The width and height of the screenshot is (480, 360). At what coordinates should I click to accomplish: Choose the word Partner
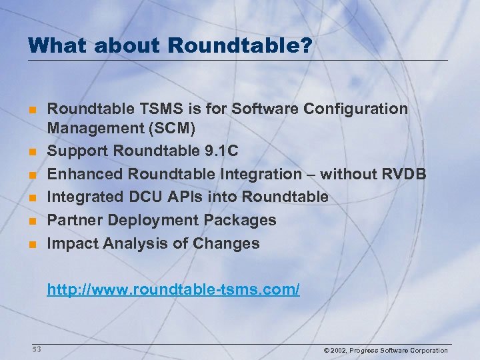point(73,220)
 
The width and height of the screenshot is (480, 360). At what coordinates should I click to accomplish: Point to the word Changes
point(226,243)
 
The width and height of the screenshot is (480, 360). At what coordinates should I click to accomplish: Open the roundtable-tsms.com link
point(173,289)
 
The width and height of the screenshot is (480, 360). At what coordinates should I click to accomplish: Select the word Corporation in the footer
point(427,351)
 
